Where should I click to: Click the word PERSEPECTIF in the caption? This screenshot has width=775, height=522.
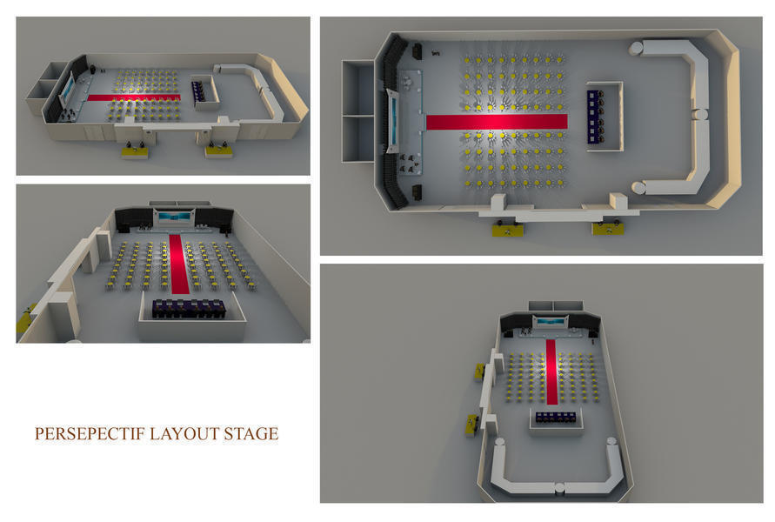90,433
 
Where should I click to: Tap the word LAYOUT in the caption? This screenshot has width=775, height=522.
184,433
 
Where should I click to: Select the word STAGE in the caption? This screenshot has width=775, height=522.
251,433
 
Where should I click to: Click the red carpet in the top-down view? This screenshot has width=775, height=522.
497,122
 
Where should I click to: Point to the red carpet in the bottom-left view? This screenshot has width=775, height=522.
179,264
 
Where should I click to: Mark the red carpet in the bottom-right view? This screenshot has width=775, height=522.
552,371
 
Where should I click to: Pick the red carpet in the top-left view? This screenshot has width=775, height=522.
133,97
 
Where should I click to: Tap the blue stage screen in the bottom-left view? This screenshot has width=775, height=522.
175,217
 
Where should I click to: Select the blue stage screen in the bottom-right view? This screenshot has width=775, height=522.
550,322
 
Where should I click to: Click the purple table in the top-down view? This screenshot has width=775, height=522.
593,117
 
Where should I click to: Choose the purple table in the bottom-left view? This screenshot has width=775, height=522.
189,309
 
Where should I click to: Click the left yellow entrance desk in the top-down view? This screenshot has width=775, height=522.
508,230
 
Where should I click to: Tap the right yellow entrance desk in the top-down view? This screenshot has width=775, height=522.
607,228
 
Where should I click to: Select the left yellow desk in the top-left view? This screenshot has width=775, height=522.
135,153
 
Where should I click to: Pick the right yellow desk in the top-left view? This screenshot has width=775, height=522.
219,151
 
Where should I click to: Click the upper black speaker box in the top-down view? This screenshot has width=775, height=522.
418,51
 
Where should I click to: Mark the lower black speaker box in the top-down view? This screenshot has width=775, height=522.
418,191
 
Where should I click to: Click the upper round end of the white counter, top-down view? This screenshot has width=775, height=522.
636,49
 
